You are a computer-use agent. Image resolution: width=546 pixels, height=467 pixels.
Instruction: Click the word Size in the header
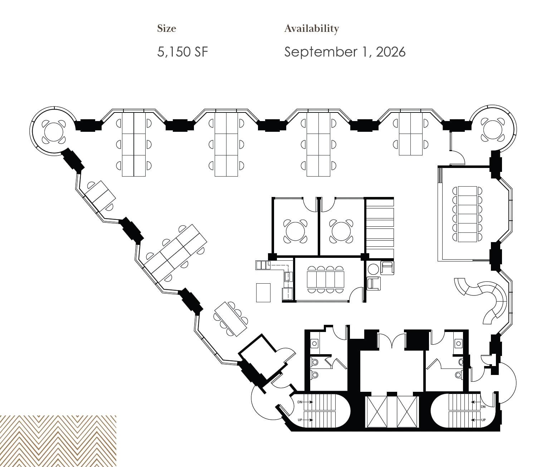click(x=166, y=28)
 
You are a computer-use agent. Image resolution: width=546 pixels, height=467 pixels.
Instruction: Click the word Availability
click(x=311, y=28)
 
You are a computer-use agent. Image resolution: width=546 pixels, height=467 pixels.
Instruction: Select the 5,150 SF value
click(x=182, y=52)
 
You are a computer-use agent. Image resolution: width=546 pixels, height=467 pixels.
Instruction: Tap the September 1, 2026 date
click(x=345, y=52)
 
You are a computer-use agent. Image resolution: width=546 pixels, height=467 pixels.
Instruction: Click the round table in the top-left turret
click(x=54, y=131)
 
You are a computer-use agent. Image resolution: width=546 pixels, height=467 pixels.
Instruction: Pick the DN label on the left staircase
click(x=300, y=402)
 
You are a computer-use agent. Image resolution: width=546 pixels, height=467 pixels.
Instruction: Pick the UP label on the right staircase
click(x=483, y=420)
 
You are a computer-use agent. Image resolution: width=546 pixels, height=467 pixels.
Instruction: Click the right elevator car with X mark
click(x=407, y=411)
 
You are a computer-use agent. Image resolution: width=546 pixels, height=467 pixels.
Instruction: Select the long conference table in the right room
click(x=468, y=214)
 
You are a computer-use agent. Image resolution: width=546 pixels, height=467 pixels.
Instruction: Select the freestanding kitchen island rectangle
click(x=263, y=293)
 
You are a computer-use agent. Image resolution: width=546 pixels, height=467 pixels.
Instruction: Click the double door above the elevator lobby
click(x=392, y=340)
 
